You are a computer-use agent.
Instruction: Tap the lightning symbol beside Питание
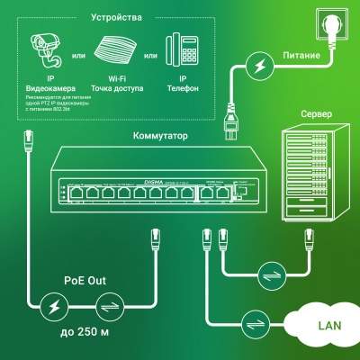[x=259, y=67]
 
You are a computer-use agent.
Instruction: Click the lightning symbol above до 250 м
[x=55, y=307]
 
